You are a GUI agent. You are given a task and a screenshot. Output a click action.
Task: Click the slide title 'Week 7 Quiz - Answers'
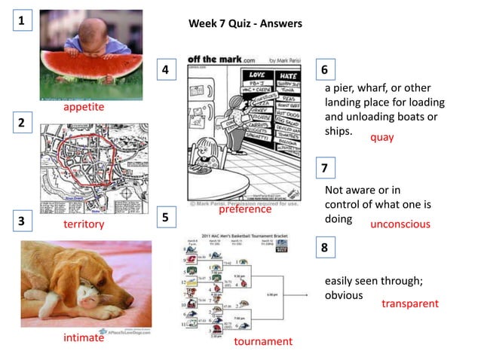pos(245,24)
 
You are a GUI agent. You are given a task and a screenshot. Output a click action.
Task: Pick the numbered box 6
pos(324,70)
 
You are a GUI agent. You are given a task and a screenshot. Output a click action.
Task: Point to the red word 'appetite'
pos(84,108)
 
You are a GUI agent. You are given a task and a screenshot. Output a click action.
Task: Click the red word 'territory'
pos(84,224)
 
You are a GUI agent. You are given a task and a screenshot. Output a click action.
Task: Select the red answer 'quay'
pos(381,138)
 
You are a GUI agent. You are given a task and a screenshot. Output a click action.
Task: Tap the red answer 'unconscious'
pos(400,224)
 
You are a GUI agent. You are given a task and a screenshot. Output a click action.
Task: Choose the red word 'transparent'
pos(409,304)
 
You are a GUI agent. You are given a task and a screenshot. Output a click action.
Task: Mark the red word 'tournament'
pos(263,342)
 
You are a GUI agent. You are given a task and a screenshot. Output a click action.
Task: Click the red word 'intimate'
pos(84,337)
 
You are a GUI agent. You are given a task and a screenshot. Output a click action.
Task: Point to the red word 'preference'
pos(245,209)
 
